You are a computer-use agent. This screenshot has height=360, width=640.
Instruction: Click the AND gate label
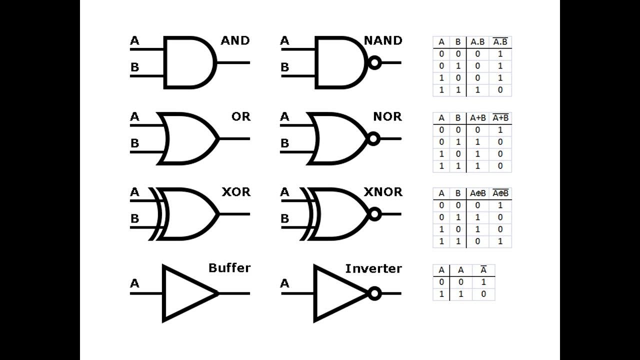pyautogui.click(x=235, y=40)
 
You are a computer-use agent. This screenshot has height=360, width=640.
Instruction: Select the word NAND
pyautogui.click(x=383, y=40)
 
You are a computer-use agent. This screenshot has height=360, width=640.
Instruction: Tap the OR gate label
pyautogui.click(x=240, y=116)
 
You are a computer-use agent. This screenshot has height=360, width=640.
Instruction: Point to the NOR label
pyautogui.click(x=387, y=116)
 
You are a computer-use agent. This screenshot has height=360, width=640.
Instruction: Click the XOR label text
pyautogui.click(x=236, y=192)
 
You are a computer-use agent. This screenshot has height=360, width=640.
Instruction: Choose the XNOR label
pyautogui.click(x=383, y=192)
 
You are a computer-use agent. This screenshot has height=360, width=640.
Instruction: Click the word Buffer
pyautogui.click(x=229, y=268)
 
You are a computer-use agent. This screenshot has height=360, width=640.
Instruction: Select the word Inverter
pyautogui.click(x=373, y=268)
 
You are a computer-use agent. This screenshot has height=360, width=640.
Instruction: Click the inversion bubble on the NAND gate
pyautogui.click(x=374, y=62)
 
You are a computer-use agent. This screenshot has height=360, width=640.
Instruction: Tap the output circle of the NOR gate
pyautogui.click(x=373, y=138)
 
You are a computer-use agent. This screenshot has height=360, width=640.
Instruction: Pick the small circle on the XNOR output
pyautogui.click(x=374, y=214)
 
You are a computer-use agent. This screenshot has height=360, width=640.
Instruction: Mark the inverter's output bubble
pyautogui.click(x=374, y=293)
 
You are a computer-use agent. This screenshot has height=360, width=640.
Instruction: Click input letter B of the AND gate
pyautogui.click(x=134, y=67)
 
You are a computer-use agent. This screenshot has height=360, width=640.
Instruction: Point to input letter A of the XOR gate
pyautogui.click(x=134, y=192)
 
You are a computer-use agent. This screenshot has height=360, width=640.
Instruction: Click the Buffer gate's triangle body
pyautogui.click(x=185, y=293)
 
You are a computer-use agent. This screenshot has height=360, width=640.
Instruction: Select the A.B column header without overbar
pyautogui.click(x=477, y=42)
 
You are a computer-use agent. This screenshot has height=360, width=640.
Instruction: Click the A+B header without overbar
pyautogui.click(x=477, y=118)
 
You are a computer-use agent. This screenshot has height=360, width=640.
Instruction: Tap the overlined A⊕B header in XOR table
pyautogui.click(x=500, y=193)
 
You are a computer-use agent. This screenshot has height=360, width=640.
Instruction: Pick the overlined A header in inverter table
pyautogui.click(x=483, y=270)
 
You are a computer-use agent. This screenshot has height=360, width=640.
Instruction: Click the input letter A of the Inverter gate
pyautogui.click(x=284, y=283)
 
